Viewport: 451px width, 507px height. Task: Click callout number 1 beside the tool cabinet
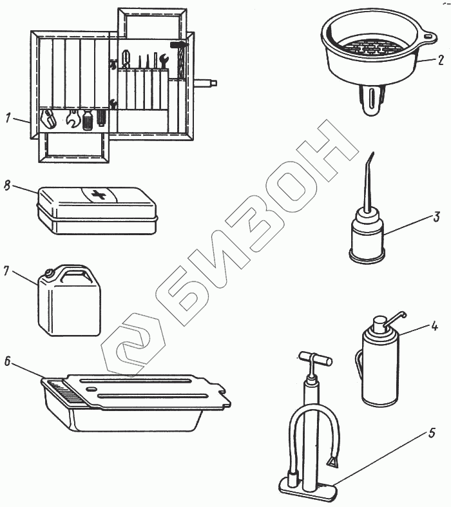point(8,118)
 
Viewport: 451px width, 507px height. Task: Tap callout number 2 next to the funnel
point(441,60)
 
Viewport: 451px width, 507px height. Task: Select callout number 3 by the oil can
point(436,216)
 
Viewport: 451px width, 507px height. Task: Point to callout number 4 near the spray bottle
point(434,326)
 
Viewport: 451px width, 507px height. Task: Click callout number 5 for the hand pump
point(432,433)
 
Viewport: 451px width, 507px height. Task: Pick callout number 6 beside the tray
point(8,361)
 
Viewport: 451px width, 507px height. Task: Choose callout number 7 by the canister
point(6,271)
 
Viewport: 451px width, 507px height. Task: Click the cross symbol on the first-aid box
point(99,195)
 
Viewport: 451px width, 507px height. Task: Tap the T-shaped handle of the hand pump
point(316,358)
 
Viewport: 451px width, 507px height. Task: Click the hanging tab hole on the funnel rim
point(428,36)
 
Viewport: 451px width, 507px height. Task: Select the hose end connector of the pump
point(334,464)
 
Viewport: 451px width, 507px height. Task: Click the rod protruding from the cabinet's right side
point(206,83)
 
